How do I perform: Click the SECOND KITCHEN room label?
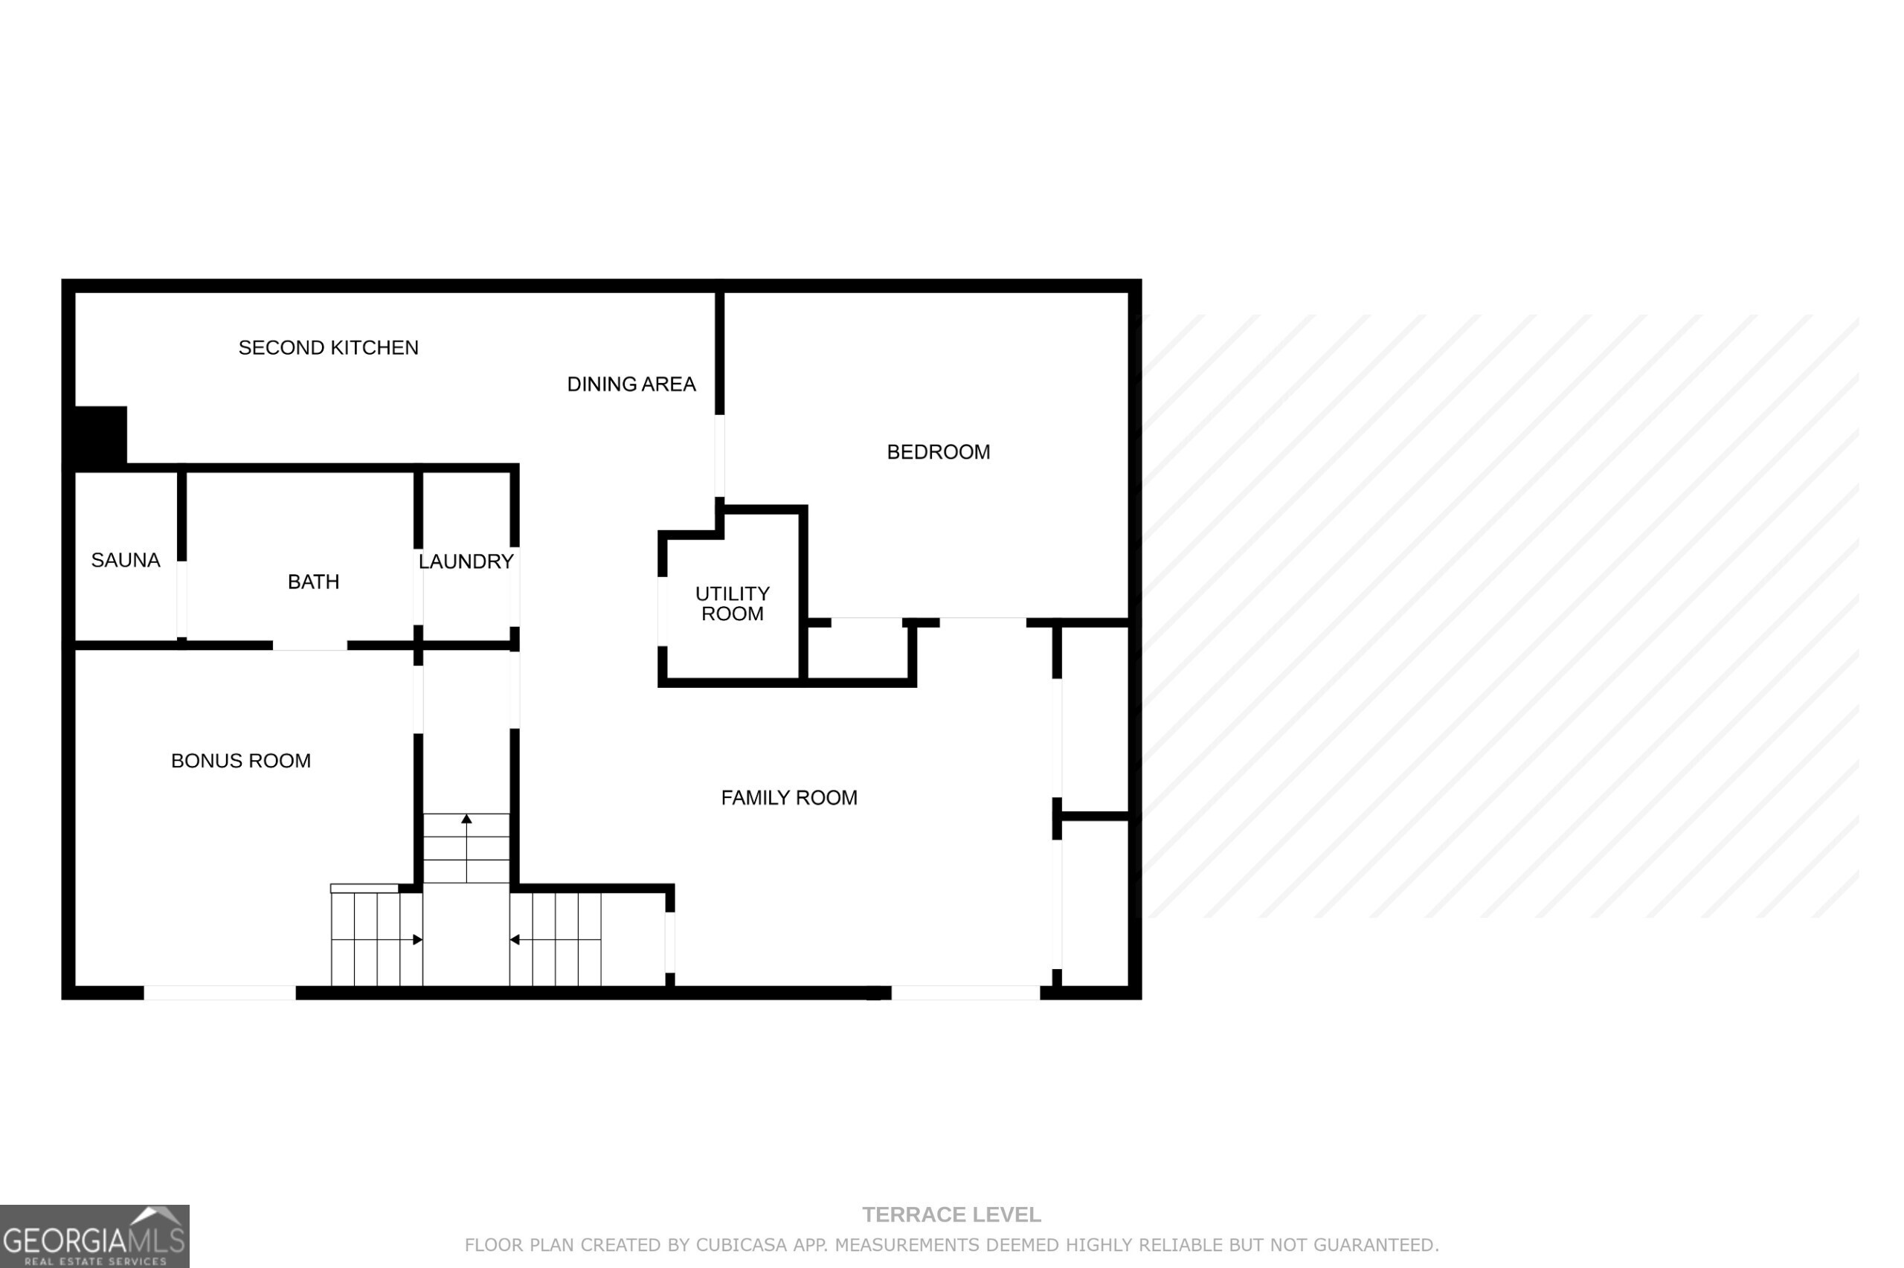328,348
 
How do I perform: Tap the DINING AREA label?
631,384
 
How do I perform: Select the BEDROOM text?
938,452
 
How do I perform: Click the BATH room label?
313,582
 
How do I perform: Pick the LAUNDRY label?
466,561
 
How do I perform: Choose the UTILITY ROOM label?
732,603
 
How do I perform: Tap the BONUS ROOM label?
240,761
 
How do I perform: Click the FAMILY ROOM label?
788,798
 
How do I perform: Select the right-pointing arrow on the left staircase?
417,940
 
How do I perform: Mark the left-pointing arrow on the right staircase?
514,940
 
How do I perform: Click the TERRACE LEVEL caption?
951,1214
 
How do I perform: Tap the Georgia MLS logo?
94,1236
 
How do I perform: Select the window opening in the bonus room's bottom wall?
219,992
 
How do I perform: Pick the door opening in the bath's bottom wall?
309,645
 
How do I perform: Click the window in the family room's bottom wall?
965,992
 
